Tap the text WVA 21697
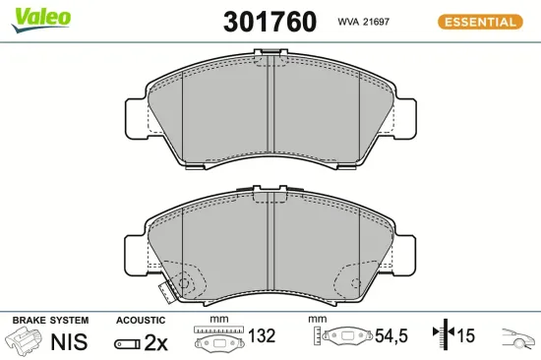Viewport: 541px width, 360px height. coord(365,21)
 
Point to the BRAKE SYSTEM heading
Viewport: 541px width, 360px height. coord(49,321)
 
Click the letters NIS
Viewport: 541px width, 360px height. coord(69,341)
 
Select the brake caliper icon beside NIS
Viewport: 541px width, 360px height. coord(26,341)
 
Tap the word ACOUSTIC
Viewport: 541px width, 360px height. coord(141,321)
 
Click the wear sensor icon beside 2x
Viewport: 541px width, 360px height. coord(126,342)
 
